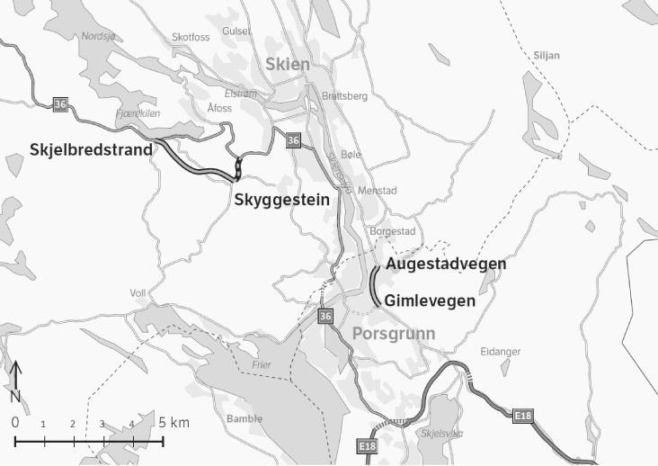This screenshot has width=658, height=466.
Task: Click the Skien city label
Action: (288, 64)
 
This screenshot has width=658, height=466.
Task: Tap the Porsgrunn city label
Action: (394, 334)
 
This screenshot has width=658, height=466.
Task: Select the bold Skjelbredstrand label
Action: (91, 150)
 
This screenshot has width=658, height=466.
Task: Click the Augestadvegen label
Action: (445, 264)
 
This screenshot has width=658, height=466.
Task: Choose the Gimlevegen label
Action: (430, 300)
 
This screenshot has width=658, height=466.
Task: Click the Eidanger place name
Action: (501, 351)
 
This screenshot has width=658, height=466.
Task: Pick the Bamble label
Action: (245, 418)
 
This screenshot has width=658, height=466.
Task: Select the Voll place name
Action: (138, 293)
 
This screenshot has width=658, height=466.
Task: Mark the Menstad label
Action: (378, 191)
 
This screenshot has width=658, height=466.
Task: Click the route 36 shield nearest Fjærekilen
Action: (60, 104)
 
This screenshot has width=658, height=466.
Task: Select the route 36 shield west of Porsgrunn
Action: (325, 316)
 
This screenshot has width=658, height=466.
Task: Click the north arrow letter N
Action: (15, 396)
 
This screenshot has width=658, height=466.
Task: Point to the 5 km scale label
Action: (174, 422)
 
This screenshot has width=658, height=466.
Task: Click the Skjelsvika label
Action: (441, 433)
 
